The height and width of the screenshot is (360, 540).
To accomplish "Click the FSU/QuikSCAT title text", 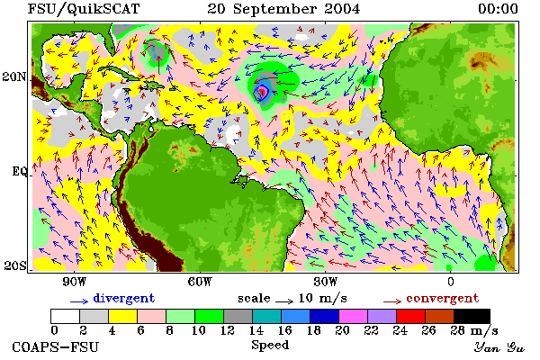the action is (x=84, y=9).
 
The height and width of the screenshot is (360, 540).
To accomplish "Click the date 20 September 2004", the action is (x=283, y=9).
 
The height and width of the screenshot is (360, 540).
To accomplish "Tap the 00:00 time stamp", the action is (x=498, y=9).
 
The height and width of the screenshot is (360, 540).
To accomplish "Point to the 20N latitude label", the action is (x=14, y=76).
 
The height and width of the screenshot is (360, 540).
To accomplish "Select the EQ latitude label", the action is (x=19, y=171).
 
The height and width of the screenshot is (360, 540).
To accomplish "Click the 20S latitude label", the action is (x=14, y=265).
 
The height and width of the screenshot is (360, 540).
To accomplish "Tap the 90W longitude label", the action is (x=75, y=282).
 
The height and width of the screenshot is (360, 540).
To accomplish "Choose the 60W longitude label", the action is (x=200, y=282).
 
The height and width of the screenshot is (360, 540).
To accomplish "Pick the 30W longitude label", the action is (x=325, y=282).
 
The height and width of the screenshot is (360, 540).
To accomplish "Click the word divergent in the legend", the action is (x=123, y=298).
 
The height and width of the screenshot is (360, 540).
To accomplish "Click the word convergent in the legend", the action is (x=443, y=298).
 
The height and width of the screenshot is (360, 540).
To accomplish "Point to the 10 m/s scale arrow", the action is (x=284, y=301).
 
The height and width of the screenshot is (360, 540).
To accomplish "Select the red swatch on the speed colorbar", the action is (x=410, y=316).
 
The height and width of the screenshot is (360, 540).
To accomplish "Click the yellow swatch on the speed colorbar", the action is (x=122, y=316).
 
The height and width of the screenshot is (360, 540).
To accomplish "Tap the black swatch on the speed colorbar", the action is (x=472, y=316).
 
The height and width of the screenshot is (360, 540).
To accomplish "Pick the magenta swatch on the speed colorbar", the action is (x=353, y=316).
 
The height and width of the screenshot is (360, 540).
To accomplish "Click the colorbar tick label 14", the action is (x=256, y=330).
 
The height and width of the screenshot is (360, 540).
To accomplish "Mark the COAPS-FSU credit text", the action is (x=56, y=346).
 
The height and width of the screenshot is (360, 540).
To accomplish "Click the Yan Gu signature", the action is (x=499, y=347).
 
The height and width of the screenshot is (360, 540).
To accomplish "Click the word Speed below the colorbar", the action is (x=270, y=346).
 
